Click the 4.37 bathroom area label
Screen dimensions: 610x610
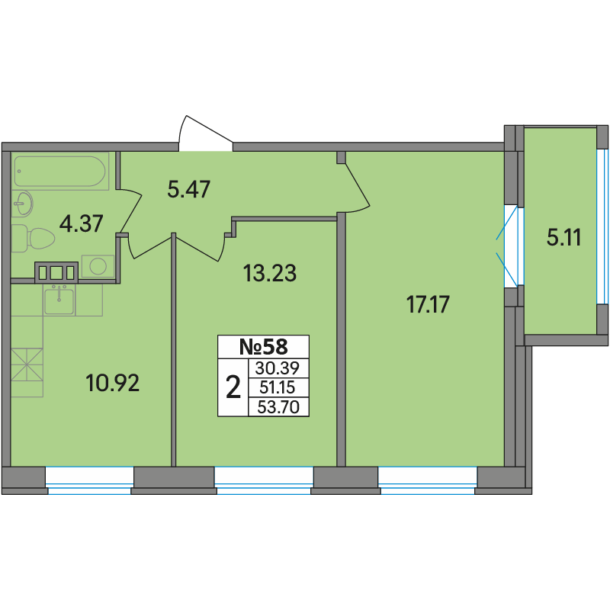click(81, 223)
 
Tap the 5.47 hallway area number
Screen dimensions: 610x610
click(188, 189)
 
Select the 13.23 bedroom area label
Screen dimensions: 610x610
click(270, 273)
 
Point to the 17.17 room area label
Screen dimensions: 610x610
click(428, 304)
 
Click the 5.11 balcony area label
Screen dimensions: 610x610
click(564, 237)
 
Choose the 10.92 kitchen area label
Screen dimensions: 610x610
click(112, 383)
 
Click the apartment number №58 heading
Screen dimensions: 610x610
click(263, 347)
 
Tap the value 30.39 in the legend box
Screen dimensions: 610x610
click(277, 368)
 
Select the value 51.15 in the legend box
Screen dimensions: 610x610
click(278, 387)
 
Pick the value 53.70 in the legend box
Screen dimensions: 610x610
click(278, 407)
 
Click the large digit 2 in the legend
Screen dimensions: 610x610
click(233, 387)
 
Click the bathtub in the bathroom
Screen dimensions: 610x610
click(60, 171)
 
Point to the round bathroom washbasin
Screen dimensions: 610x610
click(23, 204)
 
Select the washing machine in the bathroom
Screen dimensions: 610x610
click(98, 266)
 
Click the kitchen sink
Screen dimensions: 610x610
click(59, 300)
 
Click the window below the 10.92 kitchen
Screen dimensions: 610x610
click(89, 480)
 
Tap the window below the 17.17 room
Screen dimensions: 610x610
click(428, 480)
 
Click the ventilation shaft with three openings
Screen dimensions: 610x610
click(56, 272)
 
